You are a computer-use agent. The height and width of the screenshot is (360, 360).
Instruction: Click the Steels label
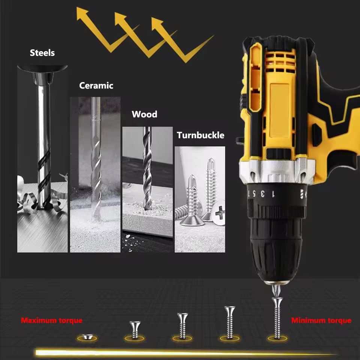[x=42, y=53]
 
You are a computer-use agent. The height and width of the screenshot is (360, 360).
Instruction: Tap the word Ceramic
[x=96, y=85]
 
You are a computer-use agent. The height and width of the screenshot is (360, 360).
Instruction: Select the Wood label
[x=144, y=114]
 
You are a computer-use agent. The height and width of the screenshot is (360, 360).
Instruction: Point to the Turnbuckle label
[x=200, y=135]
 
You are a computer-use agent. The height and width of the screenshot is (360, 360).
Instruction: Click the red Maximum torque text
[x=52, y=320]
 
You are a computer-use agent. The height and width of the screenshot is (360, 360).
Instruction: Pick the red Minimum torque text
[x=321, y=320]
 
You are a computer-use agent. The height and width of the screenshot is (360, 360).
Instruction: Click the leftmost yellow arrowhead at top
[x=82, y=13]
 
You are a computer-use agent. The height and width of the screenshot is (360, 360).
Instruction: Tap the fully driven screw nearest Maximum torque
[x=87, y=337]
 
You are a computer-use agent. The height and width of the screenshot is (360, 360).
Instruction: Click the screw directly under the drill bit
[x=277, y=318]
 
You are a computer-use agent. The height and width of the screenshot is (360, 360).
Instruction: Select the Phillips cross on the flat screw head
[x=220, y=213]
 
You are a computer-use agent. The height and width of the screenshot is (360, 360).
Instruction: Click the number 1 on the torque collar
[x=273, y=194]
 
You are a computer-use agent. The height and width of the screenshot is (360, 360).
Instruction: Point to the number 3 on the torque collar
[x=262, y=193]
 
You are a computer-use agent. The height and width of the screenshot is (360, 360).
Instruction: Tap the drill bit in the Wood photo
[x=147, y=168]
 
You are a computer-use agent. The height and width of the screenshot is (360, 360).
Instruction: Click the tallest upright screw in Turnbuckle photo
[x=210, y=188]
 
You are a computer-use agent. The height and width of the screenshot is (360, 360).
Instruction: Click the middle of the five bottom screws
[x=183, y=325]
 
